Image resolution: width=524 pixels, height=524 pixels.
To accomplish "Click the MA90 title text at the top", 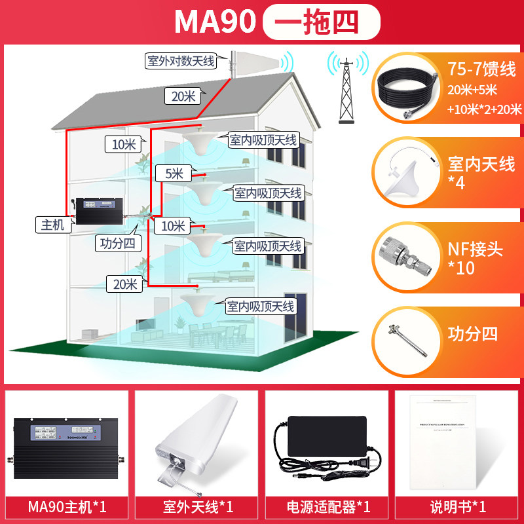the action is [214, 22].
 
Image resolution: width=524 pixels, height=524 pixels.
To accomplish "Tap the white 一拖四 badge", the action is [321, 22].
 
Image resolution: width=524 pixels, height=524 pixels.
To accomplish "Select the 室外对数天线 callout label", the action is [181, 62].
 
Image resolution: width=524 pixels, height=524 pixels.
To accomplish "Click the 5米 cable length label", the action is [172, 173].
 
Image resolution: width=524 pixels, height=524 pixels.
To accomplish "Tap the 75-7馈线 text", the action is [481, 69].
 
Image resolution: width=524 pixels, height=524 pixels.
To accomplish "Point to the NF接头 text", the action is [475, 249].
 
